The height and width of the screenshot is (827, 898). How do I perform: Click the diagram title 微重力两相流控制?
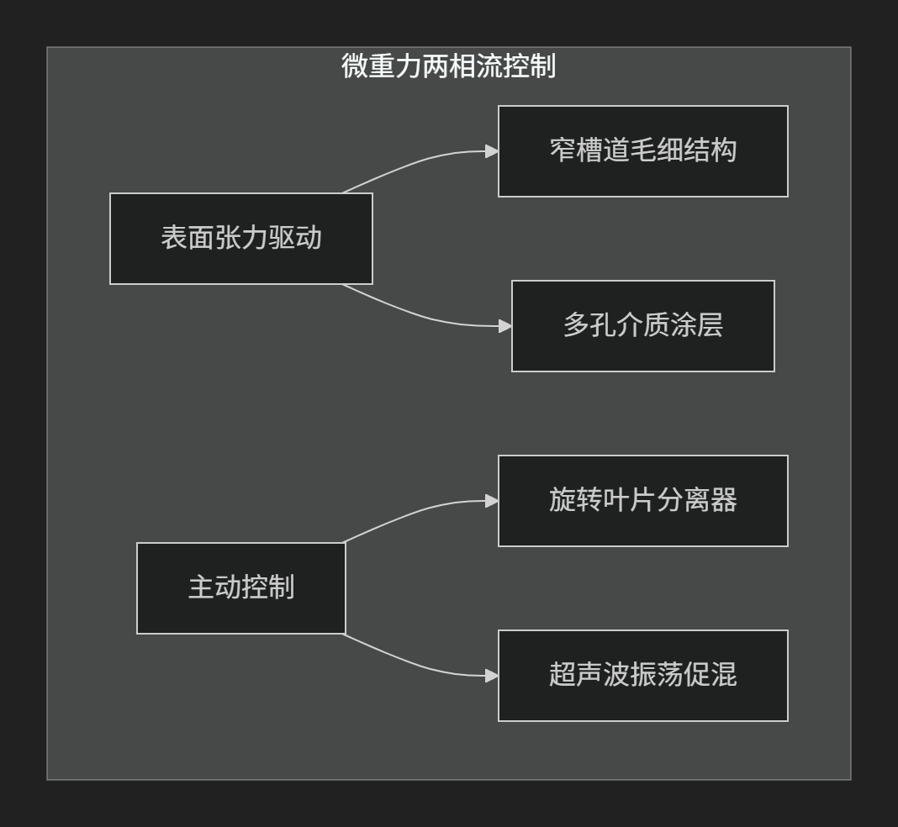[448, 66]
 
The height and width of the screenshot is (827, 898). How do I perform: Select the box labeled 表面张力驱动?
[240, 239]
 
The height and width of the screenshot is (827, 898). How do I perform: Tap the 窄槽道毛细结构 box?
[642, 151]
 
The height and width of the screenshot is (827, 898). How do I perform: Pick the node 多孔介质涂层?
[642, 326]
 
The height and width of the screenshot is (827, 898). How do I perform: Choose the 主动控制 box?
[240, 588]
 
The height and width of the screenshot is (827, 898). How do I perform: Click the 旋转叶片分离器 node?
[642, 501]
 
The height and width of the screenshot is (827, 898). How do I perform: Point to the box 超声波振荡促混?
[642, 676]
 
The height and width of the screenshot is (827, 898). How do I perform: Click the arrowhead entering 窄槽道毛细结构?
[492, 151]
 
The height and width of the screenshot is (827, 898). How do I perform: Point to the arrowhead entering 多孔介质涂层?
[505, 326]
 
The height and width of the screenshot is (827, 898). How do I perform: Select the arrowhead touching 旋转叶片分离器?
[492, 501]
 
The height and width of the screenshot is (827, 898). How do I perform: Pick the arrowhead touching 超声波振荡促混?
[492, 676]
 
